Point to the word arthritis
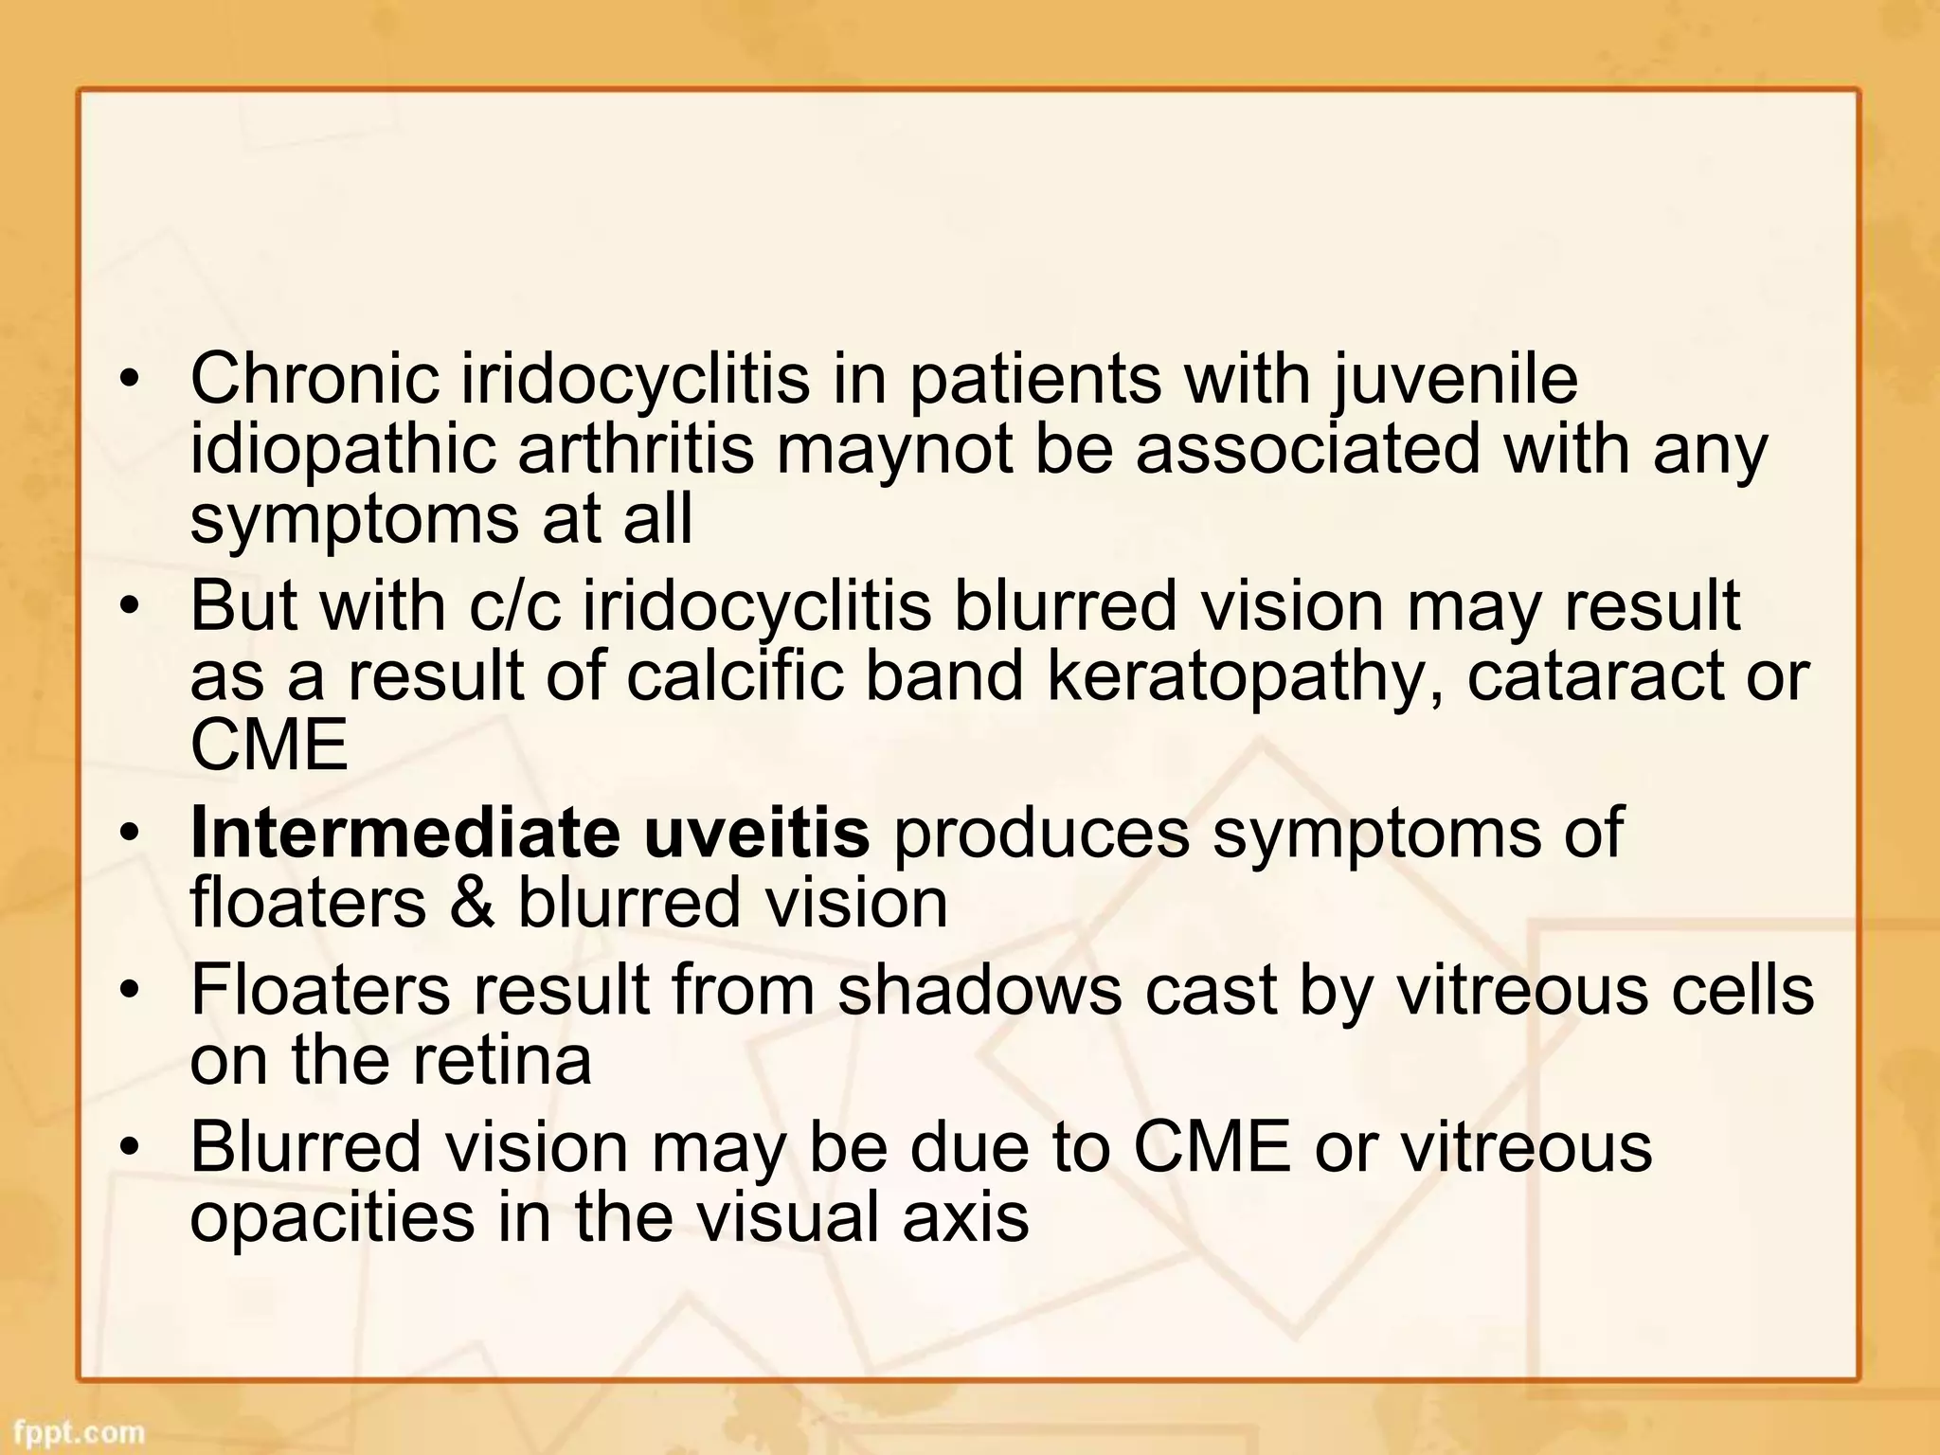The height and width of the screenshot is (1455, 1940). coord(636,449)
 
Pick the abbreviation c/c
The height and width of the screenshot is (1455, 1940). coord(515,606)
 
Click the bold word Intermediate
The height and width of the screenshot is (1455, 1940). coord(404,832)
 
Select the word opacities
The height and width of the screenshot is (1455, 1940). coord(332,1219)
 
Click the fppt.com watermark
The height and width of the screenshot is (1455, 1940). coord(80,1432)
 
